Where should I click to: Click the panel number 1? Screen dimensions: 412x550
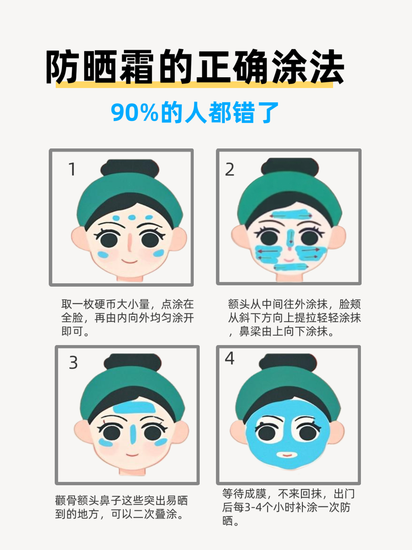point(72,169)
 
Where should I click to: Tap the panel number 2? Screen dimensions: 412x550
point(230,169)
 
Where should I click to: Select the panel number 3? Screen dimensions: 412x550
point(73,363)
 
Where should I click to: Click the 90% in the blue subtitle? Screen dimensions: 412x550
point(135,113)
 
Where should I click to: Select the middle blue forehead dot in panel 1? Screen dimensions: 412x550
point(132,218)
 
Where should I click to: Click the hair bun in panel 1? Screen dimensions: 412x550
point(130,167)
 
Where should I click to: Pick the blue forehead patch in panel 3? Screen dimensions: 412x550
point(135,409)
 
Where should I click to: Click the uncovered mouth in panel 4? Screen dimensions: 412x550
point(287,454)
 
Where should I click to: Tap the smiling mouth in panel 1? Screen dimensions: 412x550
point(130,262)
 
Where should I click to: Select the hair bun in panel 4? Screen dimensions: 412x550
point(288,361)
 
